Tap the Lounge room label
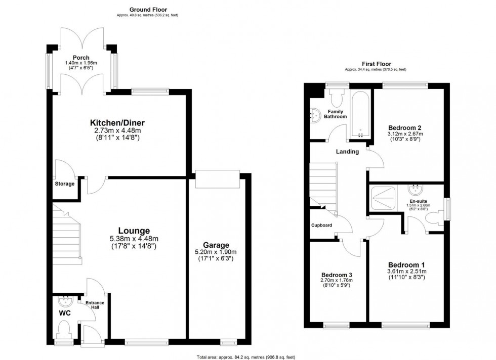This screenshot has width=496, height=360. click(x=135, y=230)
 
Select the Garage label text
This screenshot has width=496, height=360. click(x=217, y=245)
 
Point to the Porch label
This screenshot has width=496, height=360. click(x=80, y=58)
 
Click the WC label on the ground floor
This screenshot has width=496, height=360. click(x=65, y=313)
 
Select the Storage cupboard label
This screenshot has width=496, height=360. click(x=65, y=184)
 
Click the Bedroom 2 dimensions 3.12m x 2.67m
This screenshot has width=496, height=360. click(x=405, y=134)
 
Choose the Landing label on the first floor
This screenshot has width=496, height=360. click(x=347, y=151)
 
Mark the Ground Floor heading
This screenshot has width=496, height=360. click(x=148, y=9)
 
